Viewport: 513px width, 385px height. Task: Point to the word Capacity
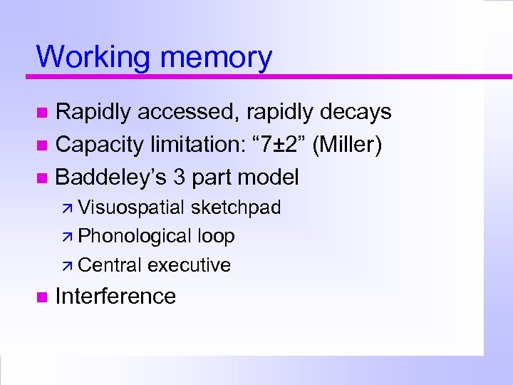click(99, 145)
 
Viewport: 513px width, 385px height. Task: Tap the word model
click(269, 176)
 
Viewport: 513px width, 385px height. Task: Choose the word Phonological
click(135, 236)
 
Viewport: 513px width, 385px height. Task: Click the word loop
click(216, 236)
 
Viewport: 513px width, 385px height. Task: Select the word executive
click(189, 265)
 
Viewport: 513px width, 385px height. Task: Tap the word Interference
click(115, 296)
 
